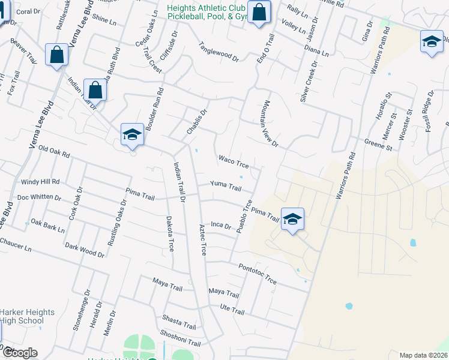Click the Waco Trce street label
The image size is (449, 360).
tap(234, 162)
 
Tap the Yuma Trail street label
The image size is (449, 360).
tap(226, 186)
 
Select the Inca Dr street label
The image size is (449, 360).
tap(221, 225)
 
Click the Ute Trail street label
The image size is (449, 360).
tap(232, 311)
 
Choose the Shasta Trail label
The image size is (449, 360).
tap(179, 322)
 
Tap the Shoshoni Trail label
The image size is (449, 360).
tap(180, 338)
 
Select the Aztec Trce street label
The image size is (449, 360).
tap(202, 239)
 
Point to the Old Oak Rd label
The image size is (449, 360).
tap(53, 151)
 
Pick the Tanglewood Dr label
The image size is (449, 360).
tap(218, 52)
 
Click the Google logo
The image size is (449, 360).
tap(19, 353)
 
